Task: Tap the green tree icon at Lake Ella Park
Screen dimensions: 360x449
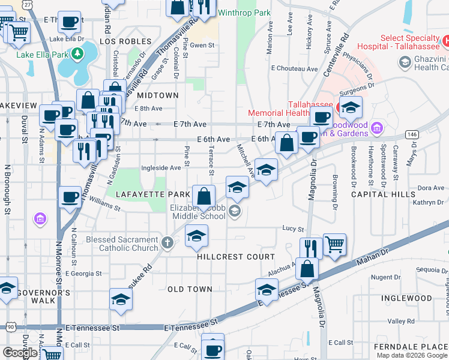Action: (77, 55)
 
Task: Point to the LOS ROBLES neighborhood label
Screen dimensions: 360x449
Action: (125, 41)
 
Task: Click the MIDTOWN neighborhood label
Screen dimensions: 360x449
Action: (158, 95)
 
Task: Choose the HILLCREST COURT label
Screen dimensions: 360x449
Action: (228, 257)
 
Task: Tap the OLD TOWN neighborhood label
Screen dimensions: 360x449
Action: (190, 289)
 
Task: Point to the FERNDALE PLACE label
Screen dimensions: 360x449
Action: (411, 347)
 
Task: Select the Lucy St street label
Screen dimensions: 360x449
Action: (294, 229)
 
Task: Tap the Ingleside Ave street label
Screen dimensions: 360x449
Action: (160, 169)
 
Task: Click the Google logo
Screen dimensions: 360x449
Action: (20, 353)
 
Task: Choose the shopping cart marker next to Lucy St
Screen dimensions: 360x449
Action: (334, 244)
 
